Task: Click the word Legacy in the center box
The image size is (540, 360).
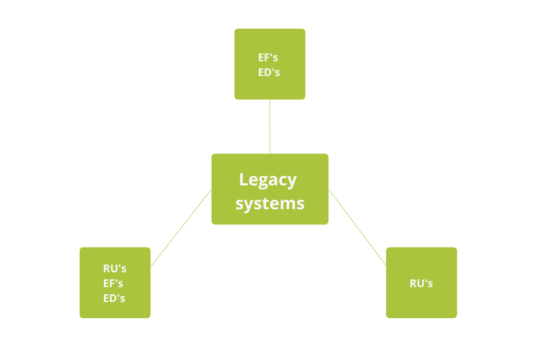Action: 268,180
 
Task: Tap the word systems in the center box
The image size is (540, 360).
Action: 270,204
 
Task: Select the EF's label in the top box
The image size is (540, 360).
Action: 268,58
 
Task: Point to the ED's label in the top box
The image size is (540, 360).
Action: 269,73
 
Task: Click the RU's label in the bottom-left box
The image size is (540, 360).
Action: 115,268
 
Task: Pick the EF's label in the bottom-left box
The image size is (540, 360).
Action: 113,283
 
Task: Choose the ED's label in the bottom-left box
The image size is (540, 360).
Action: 114,298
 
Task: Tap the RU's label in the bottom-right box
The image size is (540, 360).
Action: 421,283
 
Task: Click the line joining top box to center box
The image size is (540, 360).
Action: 270,127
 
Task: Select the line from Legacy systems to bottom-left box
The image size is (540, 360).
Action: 181,228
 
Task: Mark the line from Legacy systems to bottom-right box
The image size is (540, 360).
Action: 357,228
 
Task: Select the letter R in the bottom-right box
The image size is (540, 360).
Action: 414,283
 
